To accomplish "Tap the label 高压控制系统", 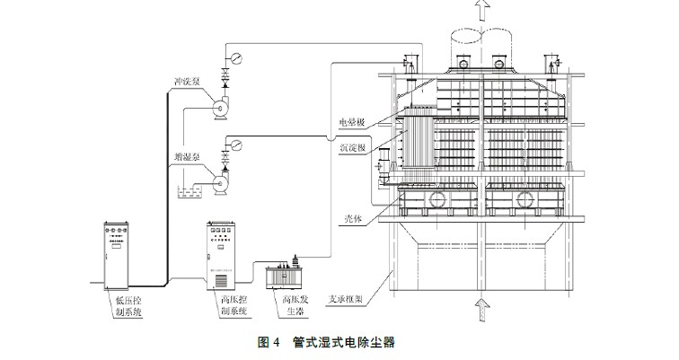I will click(235, 306).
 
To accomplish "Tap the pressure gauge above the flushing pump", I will click(236, 58).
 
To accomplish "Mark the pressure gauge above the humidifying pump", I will click(235, 143).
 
